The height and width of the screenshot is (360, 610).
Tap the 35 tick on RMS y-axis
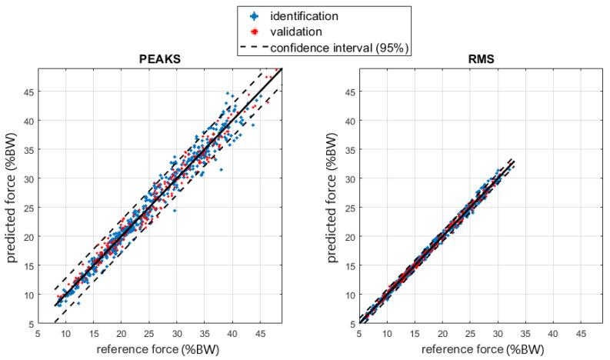tap(348, 150)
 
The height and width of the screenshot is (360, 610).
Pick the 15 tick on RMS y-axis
tap(348, 265)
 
